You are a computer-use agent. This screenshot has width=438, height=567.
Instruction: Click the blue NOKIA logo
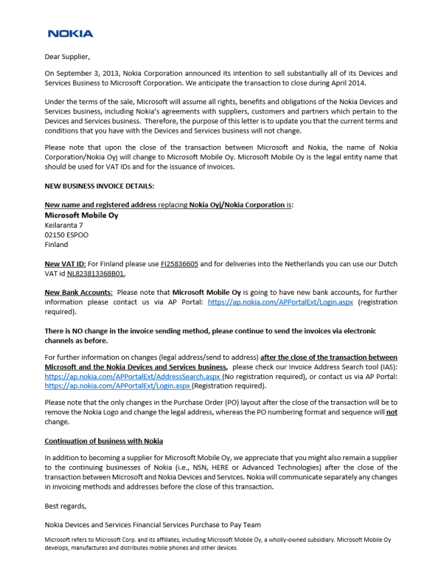coord(70,33)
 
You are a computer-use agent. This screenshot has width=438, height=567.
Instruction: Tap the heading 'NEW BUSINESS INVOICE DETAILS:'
coord(99,186)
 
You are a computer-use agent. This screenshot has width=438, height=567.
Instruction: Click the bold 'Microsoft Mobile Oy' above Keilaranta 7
coord(81,215)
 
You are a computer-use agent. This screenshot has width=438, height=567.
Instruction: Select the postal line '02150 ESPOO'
coord(66,234)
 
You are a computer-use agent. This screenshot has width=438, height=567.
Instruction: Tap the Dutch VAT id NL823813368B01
coord(96,273)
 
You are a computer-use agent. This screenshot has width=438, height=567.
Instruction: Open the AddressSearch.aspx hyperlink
coord(132,376)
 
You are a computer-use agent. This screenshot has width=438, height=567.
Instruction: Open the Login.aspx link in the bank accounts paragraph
coord(281,302)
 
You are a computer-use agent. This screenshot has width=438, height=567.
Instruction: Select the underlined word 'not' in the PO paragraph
coord(392,412)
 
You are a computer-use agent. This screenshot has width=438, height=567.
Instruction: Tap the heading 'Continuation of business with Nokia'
coord(104,441)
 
